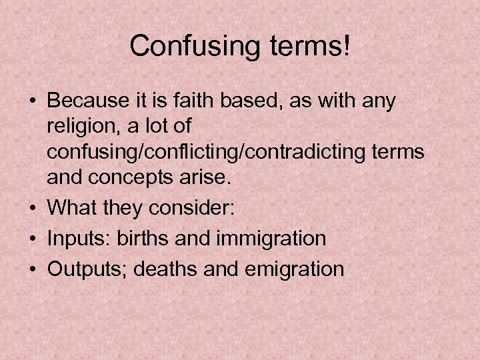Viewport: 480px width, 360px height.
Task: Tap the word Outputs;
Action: [x=81, y=269]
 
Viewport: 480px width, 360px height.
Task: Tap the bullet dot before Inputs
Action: [x=31, y=238]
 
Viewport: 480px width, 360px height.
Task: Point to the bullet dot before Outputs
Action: [x=31, y=269]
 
